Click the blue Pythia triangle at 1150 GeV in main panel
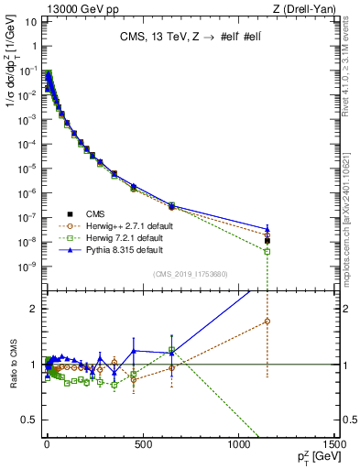267,229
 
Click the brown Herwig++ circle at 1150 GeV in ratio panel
267,321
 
